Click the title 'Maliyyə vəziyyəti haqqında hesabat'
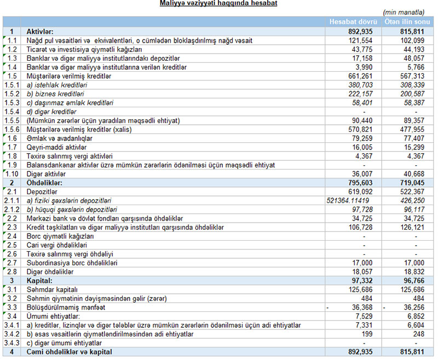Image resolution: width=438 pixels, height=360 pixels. (x=218, y=4)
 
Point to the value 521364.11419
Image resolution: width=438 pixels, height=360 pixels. (x=348, y=201)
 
